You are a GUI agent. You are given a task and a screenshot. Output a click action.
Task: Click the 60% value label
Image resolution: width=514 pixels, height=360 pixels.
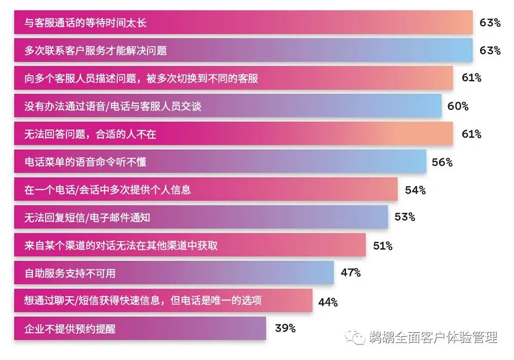(x=458, y=106)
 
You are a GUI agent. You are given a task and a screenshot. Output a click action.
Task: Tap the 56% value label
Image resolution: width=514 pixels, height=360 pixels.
(x=442, y=162)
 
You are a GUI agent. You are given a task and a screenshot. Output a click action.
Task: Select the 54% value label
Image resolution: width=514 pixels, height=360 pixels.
(x=415, y=190)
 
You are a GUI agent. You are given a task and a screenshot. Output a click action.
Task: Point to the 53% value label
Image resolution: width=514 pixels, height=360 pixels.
(x=405, y=217)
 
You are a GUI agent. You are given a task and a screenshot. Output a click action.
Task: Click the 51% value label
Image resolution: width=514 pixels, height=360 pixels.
(x=382, y=246)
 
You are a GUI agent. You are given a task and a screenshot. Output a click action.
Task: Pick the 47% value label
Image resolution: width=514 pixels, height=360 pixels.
(x=351, y=273)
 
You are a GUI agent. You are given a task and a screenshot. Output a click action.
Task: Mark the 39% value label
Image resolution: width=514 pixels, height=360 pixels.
(x=285, y=328)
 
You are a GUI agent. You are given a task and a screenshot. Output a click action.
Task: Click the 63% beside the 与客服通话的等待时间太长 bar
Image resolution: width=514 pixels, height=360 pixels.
(x=490, y=23)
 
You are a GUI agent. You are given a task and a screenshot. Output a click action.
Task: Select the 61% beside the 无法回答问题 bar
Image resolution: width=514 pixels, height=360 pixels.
(x=471, y=134)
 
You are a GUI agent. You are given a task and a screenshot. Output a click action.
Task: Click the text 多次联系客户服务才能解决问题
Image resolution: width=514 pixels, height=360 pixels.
(x=96, y=51)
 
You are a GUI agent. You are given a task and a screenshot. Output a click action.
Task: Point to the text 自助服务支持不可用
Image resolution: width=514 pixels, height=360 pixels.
(x=70, y=273)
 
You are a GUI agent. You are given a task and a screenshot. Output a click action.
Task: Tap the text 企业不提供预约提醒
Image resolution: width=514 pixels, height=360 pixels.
(x=70, y=328)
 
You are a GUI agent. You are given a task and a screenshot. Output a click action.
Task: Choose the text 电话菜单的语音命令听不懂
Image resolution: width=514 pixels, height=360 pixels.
(x=85, y=162)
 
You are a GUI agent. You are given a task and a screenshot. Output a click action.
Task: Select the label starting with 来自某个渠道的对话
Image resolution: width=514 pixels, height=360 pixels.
(x=121, y=245)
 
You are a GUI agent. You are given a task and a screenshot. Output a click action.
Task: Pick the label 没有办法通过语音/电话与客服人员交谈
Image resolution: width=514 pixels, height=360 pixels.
(x=113, y=106)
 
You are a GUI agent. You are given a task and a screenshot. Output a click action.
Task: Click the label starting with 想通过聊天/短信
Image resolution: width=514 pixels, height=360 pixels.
(x=143, y=300)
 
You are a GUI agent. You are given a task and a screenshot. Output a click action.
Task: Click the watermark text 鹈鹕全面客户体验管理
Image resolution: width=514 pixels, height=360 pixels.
(x=433, y=338)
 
